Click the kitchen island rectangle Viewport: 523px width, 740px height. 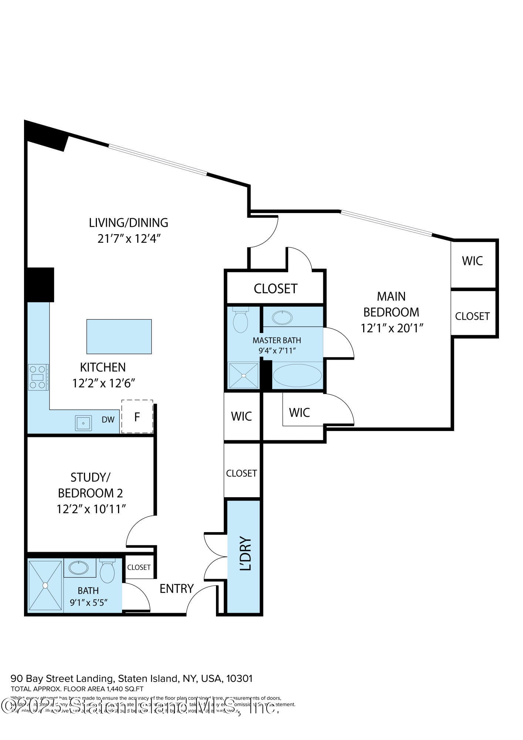[x=119, y=336]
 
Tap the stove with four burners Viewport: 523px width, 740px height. [x=38, y=377]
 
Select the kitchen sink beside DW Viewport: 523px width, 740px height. [x=83, y=423]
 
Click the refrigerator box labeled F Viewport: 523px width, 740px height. [x=137, y=417]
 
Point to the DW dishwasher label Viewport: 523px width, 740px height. [x=108, y=420]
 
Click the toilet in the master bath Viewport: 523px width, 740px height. [x=240, y=320]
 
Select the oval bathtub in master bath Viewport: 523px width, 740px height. [x=297, y=376]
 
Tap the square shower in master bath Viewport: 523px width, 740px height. [x=243, y=376]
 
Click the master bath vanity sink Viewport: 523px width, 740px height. [x=282, y=317]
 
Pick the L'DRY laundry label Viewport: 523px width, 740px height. [x=245, y=554]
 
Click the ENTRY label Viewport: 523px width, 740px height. [x=176, y=588]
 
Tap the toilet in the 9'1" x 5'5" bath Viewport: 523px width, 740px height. [x=107, y=572]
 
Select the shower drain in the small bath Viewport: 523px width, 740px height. [x=45, y=585]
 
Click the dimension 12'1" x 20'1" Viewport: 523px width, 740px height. [x=392, y=328]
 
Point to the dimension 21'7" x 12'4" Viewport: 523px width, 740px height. [x=129, y=239]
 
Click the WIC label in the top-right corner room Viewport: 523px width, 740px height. [x=472, y=261]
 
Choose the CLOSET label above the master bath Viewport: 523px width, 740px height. [x=275, y=289]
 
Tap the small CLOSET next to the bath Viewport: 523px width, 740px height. [x=139, y=567]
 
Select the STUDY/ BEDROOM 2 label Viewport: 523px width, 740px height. [x=90, y=485]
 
